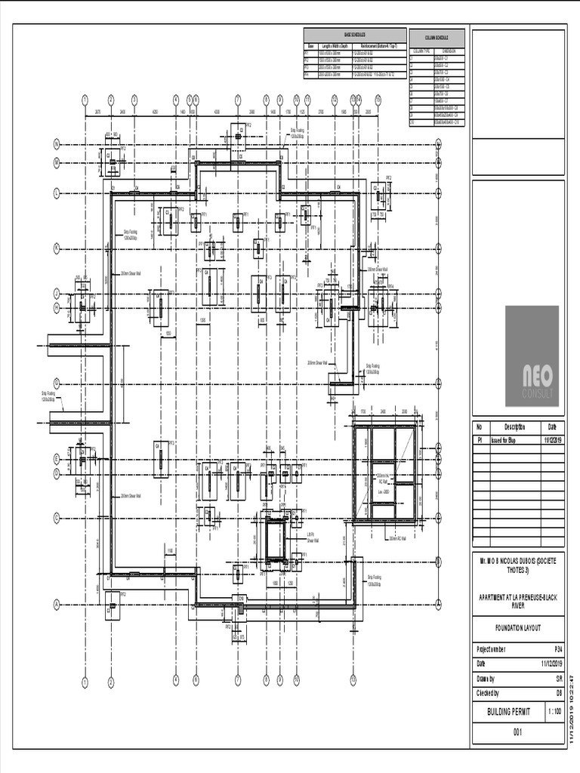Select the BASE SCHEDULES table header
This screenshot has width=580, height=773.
pyautogui.click(x=354, y=35)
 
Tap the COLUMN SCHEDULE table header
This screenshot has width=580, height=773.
pyautogui.click(x=437, y=37)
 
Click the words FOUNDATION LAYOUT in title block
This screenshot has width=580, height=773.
pyautogui.click(x=518, y=629)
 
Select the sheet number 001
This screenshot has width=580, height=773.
pyautogui.click(x=518, y=732)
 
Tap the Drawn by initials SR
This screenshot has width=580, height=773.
pyautogui.click(x=558, y=679)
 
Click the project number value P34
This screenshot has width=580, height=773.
pyautogui.click(x=558, y=649)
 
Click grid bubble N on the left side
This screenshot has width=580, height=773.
pyautogui.click(x=56, y=145)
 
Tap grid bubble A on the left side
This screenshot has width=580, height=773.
pyautogui.click(x=56, y=604)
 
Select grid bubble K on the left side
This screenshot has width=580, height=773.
pyautogui.click(x=56, y=248)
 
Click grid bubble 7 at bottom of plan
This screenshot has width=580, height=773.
pyautogui.click(x=237, y=680)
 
